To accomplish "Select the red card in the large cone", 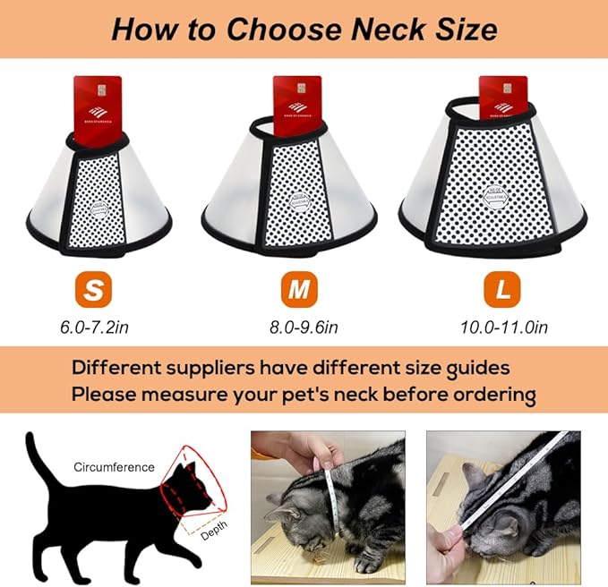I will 502,98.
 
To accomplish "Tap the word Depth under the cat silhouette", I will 213,535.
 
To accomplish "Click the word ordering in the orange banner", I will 491,394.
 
